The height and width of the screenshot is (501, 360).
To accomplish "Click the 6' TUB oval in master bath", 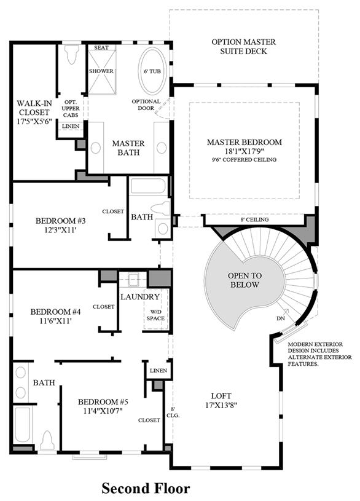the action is tap(152, 71).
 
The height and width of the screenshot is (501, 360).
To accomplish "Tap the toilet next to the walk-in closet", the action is tap(71, 54).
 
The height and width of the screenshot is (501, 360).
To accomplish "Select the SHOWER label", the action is tap(101, 71).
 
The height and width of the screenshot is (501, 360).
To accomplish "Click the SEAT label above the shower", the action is tap(101, 47).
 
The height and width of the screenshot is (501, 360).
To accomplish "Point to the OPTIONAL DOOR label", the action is tap(146, 105).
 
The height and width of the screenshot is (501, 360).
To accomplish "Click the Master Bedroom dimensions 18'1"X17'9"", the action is tap(245, 151).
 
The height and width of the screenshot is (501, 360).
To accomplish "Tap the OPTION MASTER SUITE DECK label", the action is tap(244, 47).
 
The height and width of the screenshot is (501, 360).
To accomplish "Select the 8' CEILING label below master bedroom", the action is tap(254, 219).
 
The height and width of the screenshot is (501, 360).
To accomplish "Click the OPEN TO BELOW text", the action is tap(245, 280).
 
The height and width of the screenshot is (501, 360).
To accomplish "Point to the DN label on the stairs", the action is tap(281, 318).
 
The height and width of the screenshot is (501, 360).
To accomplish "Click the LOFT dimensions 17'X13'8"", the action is tap(221, 405).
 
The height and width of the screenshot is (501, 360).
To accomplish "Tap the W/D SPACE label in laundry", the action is tap(155, 315).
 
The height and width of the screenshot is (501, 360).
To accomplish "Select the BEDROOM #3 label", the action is tap(60, 221).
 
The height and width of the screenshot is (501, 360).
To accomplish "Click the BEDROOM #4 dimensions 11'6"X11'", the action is tap(55, 320).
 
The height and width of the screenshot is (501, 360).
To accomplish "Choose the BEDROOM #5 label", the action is tap(103, 401).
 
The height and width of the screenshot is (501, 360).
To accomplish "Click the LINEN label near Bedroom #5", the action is tap(158, 371).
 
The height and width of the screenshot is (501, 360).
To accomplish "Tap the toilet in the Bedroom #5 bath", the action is tap(47, 440).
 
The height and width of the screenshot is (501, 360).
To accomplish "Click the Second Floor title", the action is tap(146, 489).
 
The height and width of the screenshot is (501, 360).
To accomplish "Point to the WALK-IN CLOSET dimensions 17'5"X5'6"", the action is tap(34, 121).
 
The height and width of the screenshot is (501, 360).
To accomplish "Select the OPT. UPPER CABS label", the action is tap(71, 108).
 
